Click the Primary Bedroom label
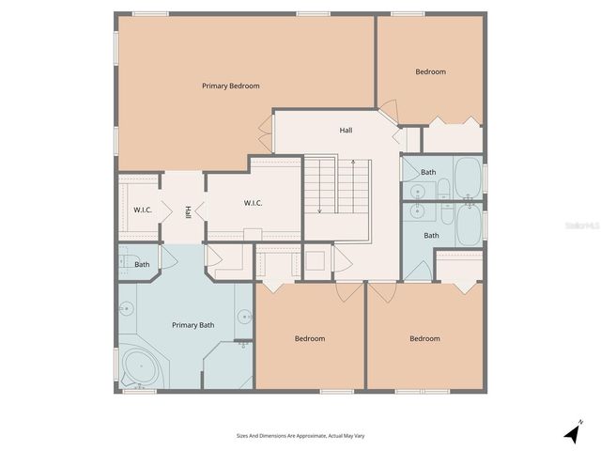tap(230, 86)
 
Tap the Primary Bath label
tap(193, 325)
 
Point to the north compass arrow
tap(572, 432)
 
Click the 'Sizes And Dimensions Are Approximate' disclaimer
tap(300, 436)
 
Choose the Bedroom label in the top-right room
tap(430, 71)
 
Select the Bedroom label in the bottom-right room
tap(424, 338)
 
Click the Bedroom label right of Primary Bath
tap(309, 338)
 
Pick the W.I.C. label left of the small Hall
tap(143, 210)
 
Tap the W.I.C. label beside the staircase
tap(253, 203)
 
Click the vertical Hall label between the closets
tap(188, 212)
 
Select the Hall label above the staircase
tap(346, 130)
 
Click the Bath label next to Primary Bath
tap(142, 264)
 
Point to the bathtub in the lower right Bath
tap(468, 225)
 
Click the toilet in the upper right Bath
tap(414, 189)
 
